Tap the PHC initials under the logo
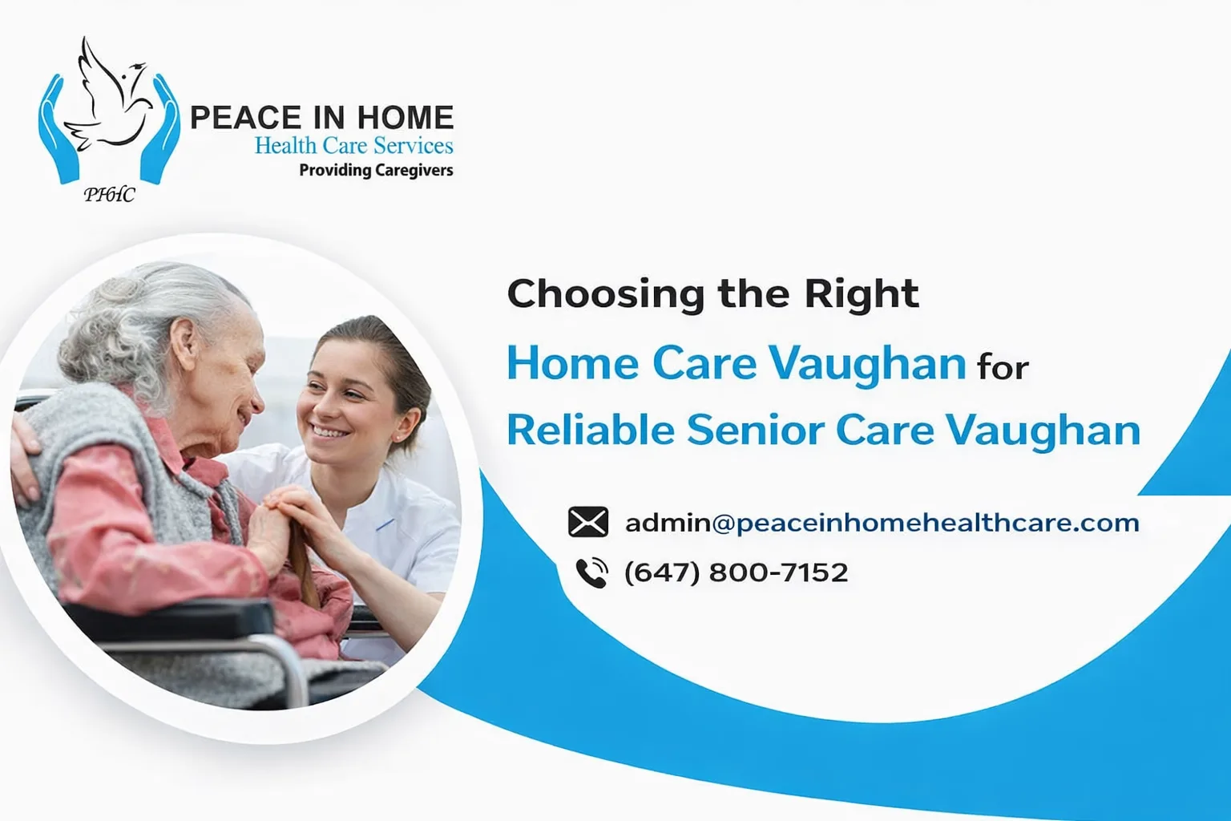click(109, 194)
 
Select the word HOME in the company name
click(406, 117)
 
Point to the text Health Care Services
click(354, 146)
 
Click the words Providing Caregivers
click(377, 171)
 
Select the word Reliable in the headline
click(590, 430)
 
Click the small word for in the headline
click(1003, 368)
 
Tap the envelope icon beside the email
click(588, 521)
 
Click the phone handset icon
click(591, 573)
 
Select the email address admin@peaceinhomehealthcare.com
click(882, 523)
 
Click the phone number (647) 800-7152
click(736, 573)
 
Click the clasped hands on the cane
click(289, 517)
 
